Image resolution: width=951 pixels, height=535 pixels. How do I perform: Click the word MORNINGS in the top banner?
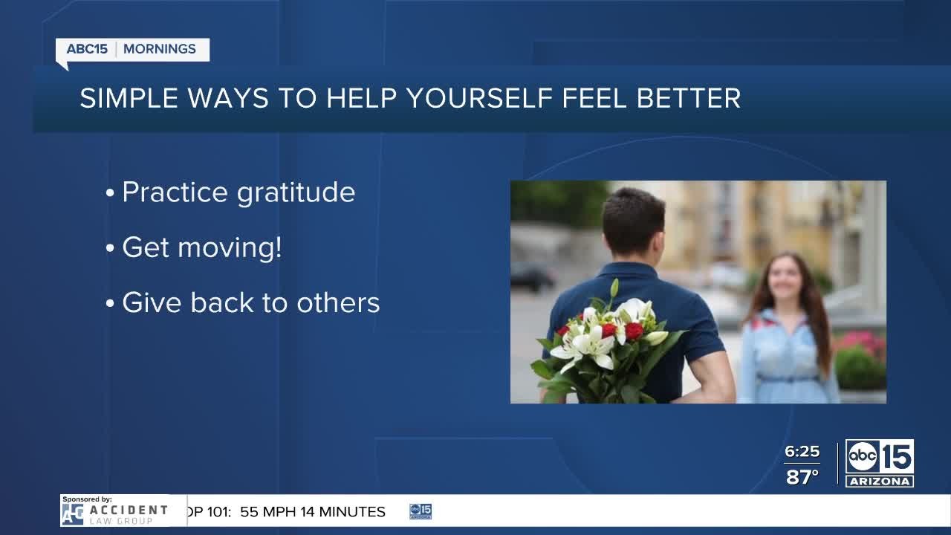pos(160,49)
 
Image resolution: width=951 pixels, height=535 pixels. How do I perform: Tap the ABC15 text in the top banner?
pos(87,49)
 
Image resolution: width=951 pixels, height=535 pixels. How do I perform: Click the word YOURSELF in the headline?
pos(480,98)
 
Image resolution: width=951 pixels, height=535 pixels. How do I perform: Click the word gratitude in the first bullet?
pos(296,193)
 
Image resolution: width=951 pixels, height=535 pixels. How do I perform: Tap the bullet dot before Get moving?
pos(110,248)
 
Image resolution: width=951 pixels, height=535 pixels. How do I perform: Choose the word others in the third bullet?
pos(338,302)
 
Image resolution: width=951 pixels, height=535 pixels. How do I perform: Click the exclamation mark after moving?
pos(278,247)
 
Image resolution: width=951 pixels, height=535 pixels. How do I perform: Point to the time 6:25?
pos(802,451)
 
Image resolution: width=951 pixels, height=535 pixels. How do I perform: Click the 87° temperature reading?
pos(802,477)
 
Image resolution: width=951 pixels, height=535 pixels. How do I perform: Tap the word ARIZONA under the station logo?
pos(879,481)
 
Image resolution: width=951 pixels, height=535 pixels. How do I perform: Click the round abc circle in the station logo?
pos(862,457)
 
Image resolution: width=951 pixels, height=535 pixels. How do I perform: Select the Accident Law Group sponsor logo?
pos(115,514)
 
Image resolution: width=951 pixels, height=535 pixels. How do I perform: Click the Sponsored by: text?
pos(87,499)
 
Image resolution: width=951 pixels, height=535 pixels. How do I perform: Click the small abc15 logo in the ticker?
pos(421,511)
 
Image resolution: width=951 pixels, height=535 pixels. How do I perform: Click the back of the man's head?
pos(633,221)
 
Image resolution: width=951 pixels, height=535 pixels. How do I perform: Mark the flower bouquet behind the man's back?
pos(607,344)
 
